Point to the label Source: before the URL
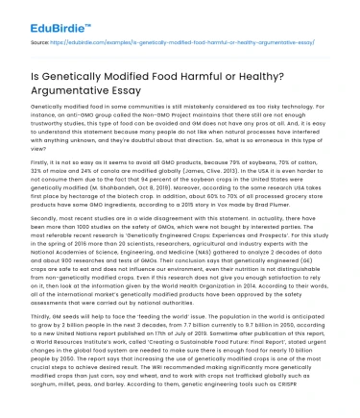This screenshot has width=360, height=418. coord(41,43)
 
